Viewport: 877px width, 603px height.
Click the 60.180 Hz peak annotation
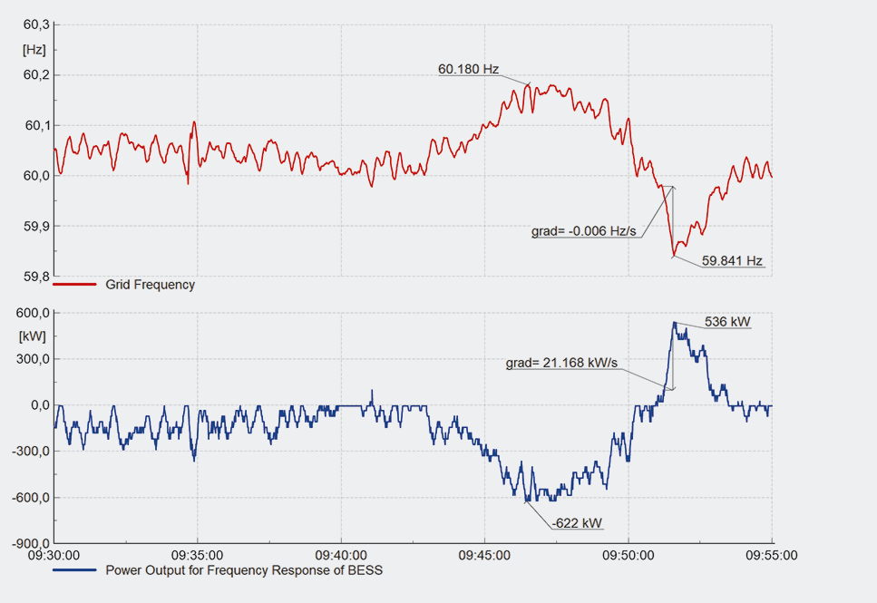click(x=468, y=69)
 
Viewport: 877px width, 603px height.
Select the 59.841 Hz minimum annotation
click(x=732, y=261)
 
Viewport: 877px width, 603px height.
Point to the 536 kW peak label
click(x=727, y=321)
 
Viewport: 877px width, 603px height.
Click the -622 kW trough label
click(x=577, y=523)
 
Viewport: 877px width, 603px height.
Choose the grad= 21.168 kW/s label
click(x=561, y=363)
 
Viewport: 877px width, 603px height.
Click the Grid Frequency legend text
click(x=150, y=285)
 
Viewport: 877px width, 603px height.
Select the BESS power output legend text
click(x=244, y=570)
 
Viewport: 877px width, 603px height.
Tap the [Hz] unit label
click(x=34, y=49)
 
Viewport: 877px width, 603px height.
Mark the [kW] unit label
click(x=34, y=336)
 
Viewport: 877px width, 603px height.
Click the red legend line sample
click(x=74, y=285)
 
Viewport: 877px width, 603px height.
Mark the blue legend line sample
click(x=74, y=570)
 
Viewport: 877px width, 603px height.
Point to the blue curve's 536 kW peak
click(x=674, y=323)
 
